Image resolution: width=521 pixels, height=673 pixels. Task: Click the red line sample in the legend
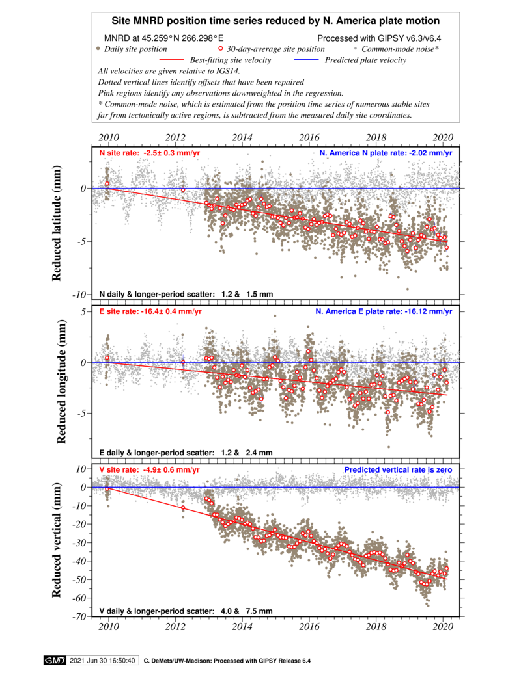click(171, 59)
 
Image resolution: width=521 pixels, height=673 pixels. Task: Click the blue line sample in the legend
click(306, 59)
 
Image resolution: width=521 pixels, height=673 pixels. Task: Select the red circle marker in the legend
click(221, 48)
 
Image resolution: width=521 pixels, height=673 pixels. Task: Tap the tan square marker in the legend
click(98, 48)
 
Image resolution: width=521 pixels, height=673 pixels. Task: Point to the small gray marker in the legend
click(355, 48)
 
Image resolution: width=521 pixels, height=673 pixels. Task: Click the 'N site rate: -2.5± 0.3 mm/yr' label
click(150, 153)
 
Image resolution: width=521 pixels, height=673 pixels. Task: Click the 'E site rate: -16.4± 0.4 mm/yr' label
click(151, 312)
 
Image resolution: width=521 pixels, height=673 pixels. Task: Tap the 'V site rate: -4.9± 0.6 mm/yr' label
click(150, 470)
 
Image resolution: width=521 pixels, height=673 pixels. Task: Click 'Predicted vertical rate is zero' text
click(398, 470)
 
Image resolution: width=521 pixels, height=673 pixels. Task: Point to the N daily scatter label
click(186, 295)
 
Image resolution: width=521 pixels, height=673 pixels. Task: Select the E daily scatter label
click(186, 453)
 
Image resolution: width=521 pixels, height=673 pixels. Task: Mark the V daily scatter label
click(186, 611)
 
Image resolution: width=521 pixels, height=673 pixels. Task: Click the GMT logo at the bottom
click(54, 661)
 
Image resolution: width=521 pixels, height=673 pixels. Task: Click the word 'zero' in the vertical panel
click(444, 470)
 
